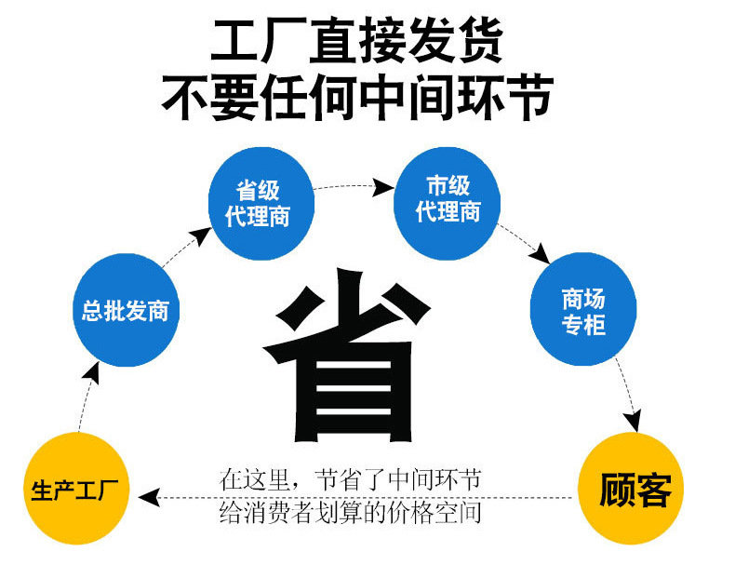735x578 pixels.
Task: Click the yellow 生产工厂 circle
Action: tap(76, 489)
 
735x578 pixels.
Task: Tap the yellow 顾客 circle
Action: tap(635, 489)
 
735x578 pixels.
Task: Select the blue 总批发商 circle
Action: tap(126, 310)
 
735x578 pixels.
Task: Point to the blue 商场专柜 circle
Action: tap(583, 311)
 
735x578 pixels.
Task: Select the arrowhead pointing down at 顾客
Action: tap(636, 422)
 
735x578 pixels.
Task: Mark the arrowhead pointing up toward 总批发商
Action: tap(90, 374)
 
